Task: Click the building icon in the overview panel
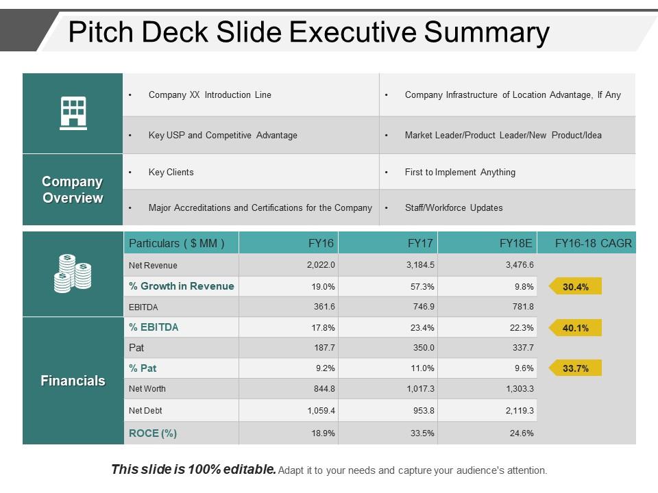tap(73, 112)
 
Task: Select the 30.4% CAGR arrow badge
tap(575, 287)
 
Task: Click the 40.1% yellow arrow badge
tap(575, 328)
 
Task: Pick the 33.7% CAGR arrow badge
tap(575, 368)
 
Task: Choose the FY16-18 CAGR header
tap(594, 243)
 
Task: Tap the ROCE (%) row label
tap(153, 433)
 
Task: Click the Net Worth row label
tap(147, 389)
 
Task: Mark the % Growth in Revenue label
tap(182, 286)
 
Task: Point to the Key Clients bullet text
tap(171, 173)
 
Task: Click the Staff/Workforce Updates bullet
tap(454, 208)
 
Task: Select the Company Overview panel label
tap(73, 190)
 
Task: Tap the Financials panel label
tap(73, 381)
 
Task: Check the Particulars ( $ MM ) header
tap(182, 243)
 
